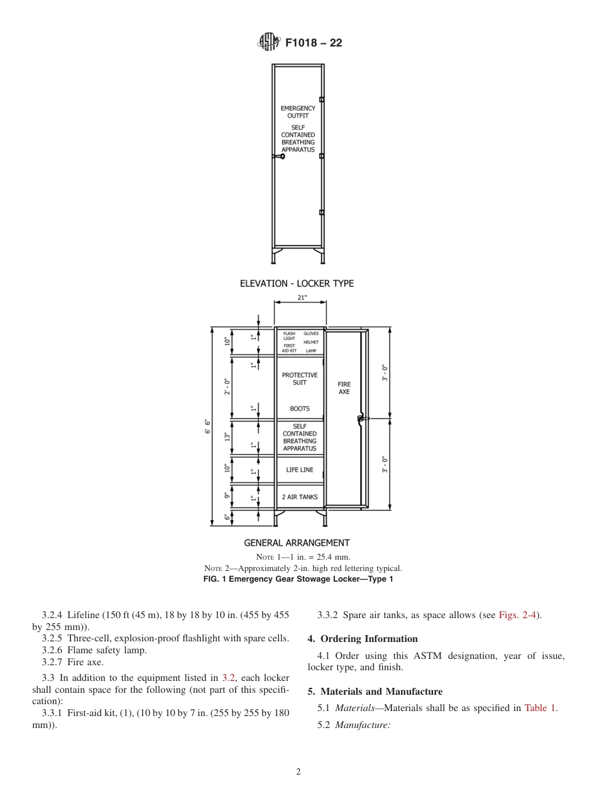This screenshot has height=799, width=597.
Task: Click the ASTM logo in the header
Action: pos(268,43)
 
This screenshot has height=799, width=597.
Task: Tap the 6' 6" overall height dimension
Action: pos(207,427)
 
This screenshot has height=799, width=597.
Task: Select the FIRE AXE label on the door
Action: pos(344,388)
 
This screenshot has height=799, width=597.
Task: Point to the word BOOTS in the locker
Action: pos(300,409)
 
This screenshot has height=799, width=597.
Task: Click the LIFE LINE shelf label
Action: pos(300,470)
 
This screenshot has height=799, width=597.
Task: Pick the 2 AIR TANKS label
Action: pos(300,497)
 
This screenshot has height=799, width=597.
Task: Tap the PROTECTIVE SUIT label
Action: pos(300,379)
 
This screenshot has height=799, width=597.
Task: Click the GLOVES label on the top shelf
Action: pos(311,334)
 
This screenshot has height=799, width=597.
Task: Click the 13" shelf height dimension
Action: pos(227,437)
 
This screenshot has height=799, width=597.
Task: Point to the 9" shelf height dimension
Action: pos(227,496)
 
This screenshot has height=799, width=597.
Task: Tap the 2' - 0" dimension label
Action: pos(227,386)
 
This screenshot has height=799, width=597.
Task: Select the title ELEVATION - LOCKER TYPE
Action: pos(297,283)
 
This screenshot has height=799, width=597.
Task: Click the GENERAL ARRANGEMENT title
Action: pos(297,543)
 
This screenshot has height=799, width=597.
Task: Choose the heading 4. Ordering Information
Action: pos(363,639)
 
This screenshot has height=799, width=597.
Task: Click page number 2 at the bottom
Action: pos(298,772)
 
